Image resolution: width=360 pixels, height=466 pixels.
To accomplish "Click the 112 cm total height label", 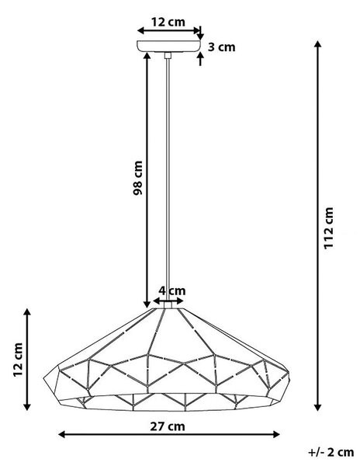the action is coord(328,228).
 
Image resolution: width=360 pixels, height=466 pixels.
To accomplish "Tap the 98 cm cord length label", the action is coord(137,178).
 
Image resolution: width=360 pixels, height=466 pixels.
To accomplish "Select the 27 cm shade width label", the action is coord(168,426).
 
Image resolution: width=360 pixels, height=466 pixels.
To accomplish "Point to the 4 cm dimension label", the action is coord(171,290).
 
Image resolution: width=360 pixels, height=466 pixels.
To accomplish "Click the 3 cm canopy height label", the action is coord(221,47).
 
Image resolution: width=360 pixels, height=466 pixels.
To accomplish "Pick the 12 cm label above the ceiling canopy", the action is coord(168,22).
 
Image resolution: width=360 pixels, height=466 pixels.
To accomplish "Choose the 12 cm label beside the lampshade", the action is coord(18,360).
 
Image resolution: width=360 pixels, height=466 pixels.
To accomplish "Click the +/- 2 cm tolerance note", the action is coord(331,452).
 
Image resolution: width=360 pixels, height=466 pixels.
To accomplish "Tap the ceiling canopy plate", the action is coord(168,47).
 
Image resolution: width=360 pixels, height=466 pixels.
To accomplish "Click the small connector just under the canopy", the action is coord(168,55).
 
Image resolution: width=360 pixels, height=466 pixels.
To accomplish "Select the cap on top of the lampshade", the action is coord(168,304).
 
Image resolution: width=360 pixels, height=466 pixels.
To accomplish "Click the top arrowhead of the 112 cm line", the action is coord(318,44).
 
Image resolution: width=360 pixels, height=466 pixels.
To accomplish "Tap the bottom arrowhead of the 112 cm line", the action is coord(318,408).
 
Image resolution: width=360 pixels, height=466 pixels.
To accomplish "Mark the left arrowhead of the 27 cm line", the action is coord(62,434).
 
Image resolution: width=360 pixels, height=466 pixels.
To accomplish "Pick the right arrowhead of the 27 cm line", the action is coord(276,434).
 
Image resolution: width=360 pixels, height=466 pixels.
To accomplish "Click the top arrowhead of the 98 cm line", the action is coord(147,56).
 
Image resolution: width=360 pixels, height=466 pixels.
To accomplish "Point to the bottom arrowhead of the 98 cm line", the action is coord(147,304).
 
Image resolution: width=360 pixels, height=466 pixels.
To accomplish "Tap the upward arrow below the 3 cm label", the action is coord(200,58).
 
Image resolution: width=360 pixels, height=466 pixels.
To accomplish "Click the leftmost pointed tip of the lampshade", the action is coord(44,378).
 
